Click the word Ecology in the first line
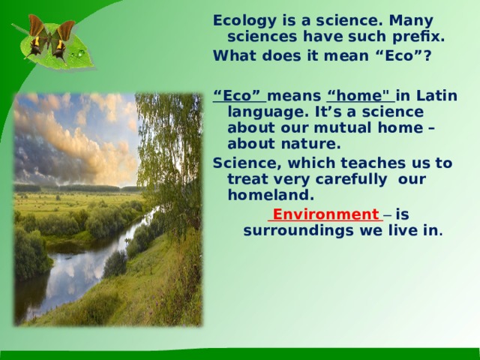(x=244, y=22)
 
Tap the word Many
(x=411, y=22)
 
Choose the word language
(x=268, y=112)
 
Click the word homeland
(x=271, y=194)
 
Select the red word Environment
(x=325, y=214)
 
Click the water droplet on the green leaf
(x=80, y=53)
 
